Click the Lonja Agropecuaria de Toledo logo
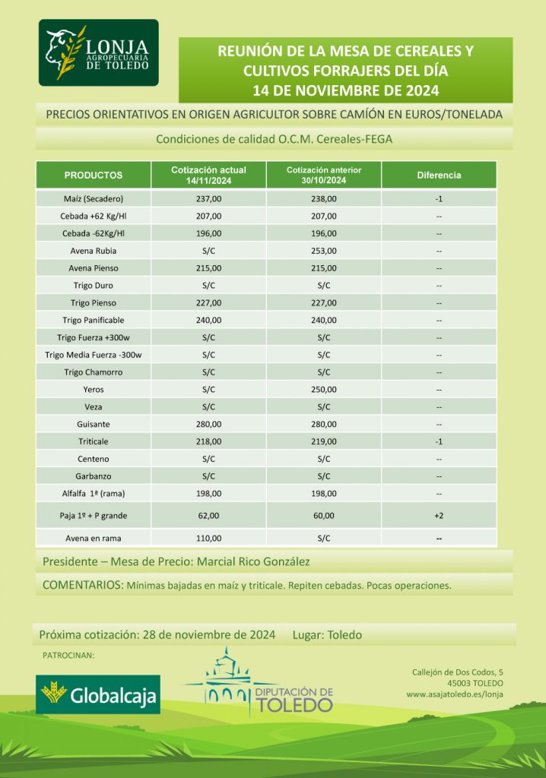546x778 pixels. pos(99,53)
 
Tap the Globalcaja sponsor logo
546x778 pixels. pos(99,694)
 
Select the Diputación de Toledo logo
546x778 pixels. pos(268,682)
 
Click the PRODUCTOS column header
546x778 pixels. pos(94,175)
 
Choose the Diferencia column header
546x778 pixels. pos(439,175)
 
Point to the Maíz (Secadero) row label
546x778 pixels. pos(94,199)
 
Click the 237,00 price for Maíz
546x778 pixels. pos(208,199)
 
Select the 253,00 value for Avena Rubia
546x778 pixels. pos(323,251)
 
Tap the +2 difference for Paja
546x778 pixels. pos(439,516)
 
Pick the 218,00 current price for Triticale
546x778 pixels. pos(208,441)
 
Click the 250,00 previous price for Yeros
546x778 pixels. pos(323,389)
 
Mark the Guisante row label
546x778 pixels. pos(94,424)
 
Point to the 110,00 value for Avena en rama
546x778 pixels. pos(208,538)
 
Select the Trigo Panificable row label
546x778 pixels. pos(94,320)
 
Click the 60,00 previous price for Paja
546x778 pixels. pos(323,516)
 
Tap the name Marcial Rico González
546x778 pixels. pos(254,562)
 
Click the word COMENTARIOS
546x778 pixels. pos(81,586)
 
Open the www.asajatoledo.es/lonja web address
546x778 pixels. pos(454,694)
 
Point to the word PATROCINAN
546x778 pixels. pos(68,655)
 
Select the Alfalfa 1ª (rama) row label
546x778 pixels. pos(94,494)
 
